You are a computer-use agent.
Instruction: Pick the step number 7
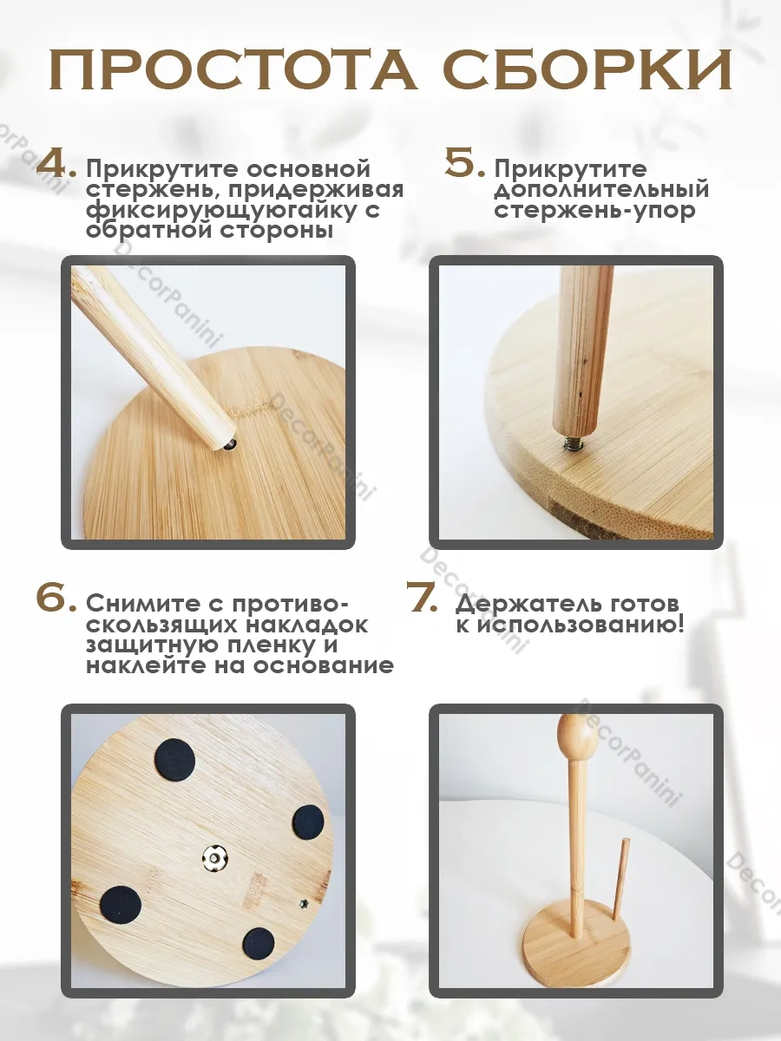[x=426, y=598]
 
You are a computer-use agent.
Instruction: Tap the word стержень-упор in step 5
[x=594, y=210]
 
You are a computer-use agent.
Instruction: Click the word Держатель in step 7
[x=526, y=604]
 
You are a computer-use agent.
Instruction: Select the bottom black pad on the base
[x=259, y=943]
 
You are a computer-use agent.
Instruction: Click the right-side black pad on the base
[x=307, y=821]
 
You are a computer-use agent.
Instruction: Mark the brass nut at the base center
[x=211, y=859]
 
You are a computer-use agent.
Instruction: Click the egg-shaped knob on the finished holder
[x=577, y=736]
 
